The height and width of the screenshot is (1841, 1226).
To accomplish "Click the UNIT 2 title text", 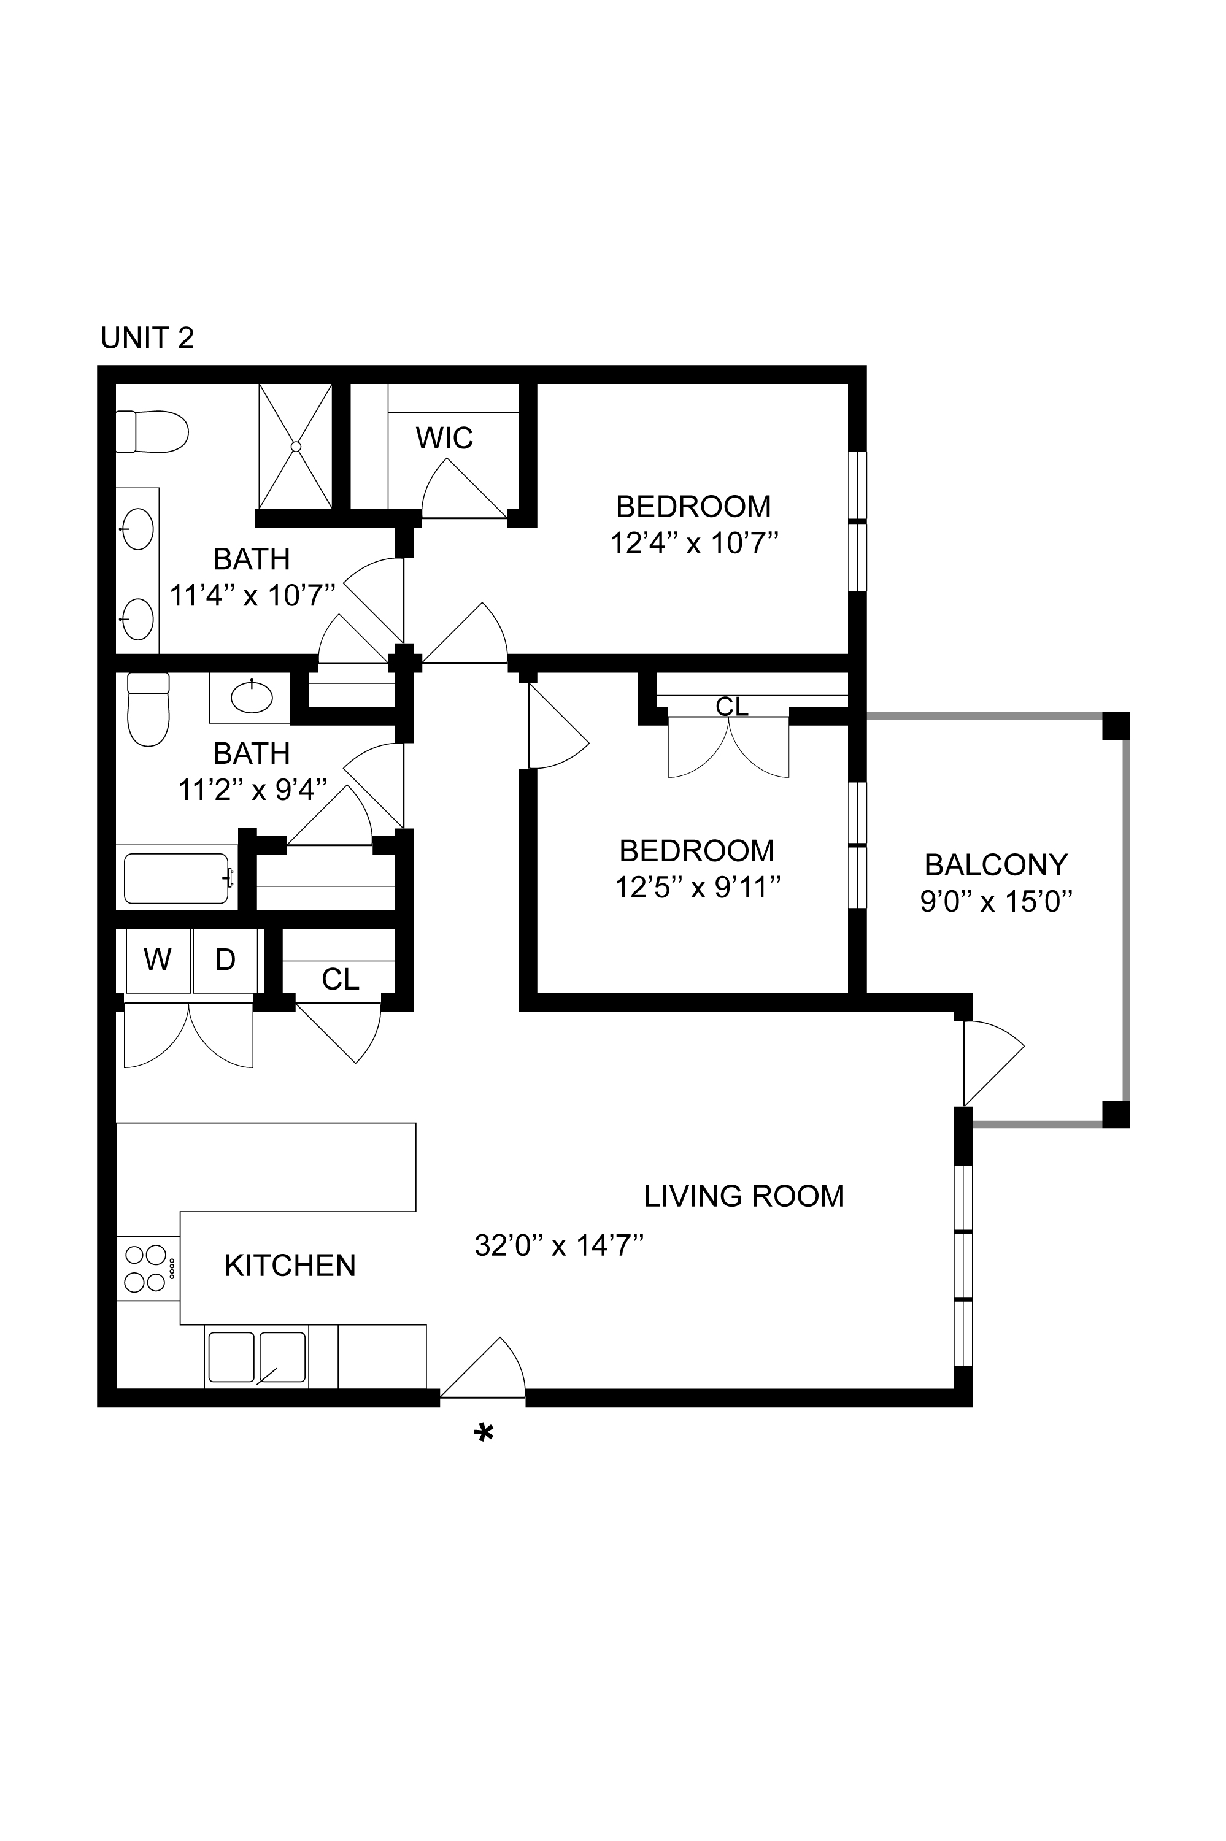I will (x=147, y=338).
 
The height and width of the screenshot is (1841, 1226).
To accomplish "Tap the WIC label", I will (x=444, y=439).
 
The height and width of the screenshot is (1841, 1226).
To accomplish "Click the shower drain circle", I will (x=296, y=447).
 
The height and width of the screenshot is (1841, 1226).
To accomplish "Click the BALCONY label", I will (x=995, y=864).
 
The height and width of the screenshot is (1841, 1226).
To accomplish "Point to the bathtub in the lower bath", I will (x=177, y=878).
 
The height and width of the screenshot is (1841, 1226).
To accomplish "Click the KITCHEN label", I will (x=290, y=1265).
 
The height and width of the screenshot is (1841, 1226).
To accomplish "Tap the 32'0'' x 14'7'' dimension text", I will (x=558, y=1245).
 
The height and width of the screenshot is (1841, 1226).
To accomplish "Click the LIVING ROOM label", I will (x=744, y=1196).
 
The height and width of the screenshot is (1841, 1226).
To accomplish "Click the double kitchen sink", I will (x=256, y=1357).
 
